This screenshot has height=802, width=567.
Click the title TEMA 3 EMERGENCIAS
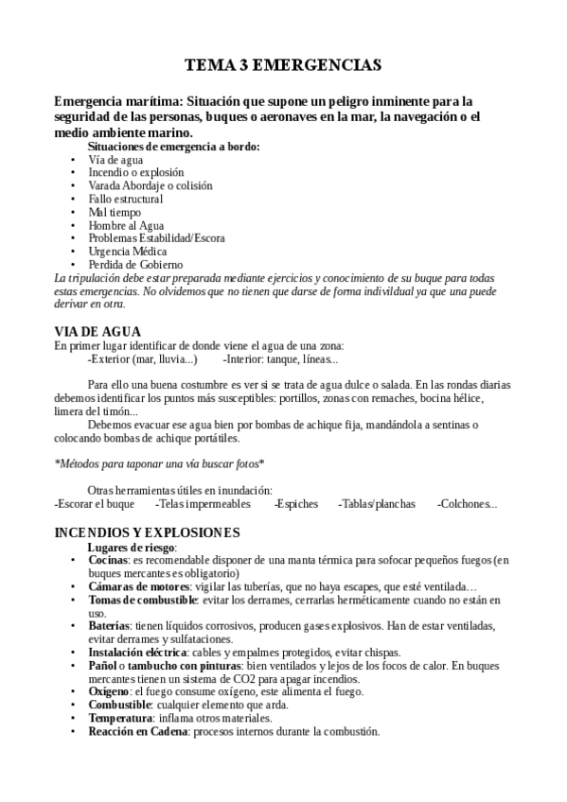pos(283,65)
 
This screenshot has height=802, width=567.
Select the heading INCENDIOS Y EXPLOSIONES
pos(147,532)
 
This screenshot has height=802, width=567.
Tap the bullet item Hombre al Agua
pos(126,226)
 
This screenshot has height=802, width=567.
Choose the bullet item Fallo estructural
pos(125,200)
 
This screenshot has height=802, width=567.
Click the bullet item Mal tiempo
pos(114,213)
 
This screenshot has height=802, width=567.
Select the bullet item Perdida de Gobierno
pos(135,266)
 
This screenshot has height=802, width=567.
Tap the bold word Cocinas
pos(108,560)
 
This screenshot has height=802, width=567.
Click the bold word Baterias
pos(109,626)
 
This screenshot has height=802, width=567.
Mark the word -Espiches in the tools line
pos(296,504)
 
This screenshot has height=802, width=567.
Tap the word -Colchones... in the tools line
pos(467,504)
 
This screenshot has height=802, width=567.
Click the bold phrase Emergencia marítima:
pos(118,100)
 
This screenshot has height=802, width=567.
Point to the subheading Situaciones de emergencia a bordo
pos(173,147)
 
